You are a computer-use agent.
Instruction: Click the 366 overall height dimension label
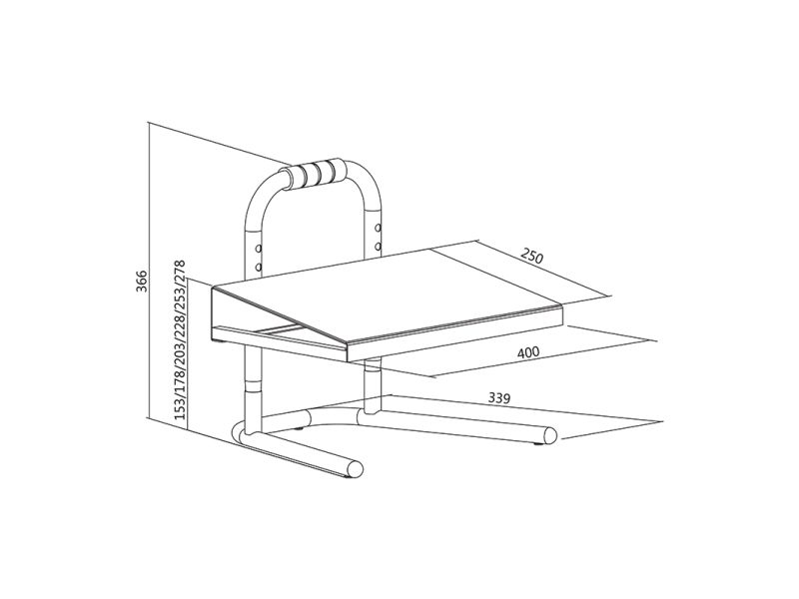point(143,285)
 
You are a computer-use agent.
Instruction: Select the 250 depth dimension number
point(530,255)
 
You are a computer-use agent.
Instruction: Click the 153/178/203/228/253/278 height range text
point(180,342)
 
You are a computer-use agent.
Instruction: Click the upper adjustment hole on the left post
point(258,247)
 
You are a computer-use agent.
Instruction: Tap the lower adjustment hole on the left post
point(258,267)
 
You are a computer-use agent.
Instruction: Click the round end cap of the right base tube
point(550,435)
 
